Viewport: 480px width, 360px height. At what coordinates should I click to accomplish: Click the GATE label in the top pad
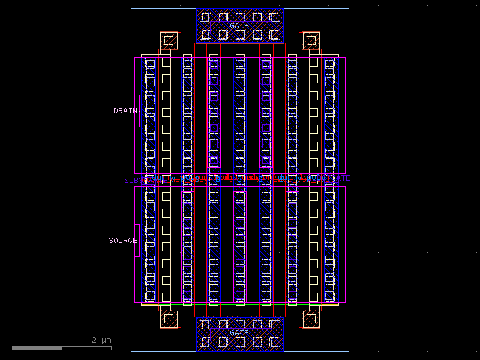pyautogui.click(x=239, y=26)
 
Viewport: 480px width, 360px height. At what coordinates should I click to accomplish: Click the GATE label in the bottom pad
pyautogui.click(x=239, y=333)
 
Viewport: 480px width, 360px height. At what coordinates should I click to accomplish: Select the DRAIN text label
pyautogui.click(x=125, y=111)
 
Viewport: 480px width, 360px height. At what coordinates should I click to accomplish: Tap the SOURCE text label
pyautogui.click(x=122, y=241)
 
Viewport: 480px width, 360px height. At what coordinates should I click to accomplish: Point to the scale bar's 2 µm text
pyautogui.click(x=101, y=340)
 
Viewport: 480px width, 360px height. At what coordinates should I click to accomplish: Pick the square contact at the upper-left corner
pyautogui.click(x=169, y=41)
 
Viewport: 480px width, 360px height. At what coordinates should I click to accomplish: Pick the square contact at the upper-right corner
pyautogui.click(x=310, y=41)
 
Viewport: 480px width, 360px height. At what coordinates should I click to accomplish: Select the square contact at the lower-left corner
pyautogui.click(x=169, y=319)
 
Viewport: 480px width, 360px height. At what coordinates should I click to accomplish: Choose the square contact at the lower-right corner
pyautogui.click(x=310, y=319)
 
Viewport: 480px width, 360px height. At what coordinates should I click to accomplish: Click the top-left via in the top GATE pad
pyautogui.click(x=205, y=17)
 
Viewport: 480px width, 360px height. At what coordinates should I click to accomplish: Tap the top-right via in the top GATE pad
pyautogui.click(x=275, y=17)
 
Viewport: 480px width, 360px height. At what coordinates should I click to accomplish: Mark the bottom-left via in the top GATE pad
pyautogui.click(x=205, y=35)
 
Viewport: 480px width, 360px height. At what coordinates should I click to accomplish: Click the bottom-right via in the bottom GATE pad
pyautogui.click(x=275, y=341)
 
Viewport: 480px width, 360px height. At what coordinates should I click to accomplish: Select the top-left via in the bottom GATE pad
pyautogui.click(x=205, y=325)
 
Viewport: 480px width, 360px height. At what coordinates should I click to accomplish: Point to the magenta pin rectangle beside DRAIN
pyautogui.click(x=137, y=111)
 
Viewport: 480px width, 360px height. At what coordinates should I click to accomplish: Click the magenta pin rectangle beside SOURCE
pyautogui.click(x=137, y=241)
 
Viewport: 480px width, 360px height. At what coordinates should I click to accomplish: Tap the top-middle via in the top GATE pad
pyautogui.click(x=240, y=17)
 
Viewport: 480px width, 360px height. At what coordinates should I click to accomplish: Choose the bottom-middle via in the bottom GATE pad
pyautogui.click(x=240, y=341)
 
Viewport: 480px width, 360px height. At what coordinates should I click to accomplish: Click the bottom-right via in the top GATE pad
pyautogui.click(x=275, y=35)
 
